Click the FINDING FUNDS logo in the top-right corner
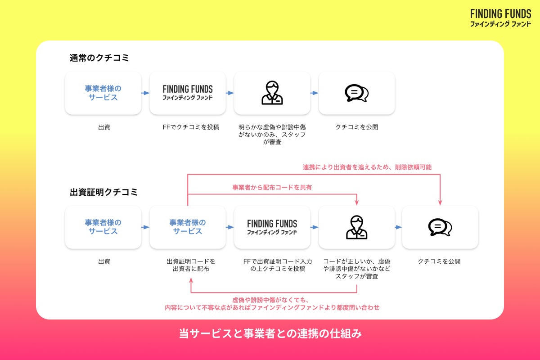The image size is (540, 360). tap(500, 18)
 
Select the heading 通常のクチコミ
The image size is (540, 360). tap(99, 58)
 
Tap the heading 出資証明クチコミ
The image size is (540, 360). tap(103, 192)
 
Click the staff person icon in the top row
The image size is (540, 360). tap(272, 93)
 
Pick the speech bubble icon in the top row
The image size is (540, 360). tap(356, 93)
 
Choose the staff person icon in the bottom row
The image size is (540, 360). tap(356, 227)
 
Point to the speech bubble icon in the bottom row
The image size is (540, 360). tap(440, 227)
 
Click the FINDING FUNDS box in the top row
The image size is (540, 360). tap(188, 93)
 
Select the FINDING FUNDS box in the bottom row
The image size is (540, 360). tap(272, 227)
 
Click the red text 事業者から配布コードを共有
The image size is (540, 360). tap(272, 187)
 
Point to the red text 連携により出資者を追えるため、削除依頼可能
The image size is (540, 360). tap(367, 167)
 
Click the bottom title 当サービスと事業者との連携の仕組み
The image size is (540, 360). tap(270, 334)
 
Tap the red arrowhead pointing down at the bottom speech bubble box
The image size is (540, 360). tap(440, 202)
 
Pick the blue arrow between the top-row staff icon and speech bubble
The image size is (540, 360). tap(314, 93)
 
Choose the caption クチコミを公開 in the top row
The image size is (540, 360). tap(356, 127)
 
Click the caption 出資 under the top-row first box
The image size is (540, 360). tap(104, 127)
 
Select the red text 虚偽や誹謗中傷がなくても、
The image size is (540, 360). tap(271, 300)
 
